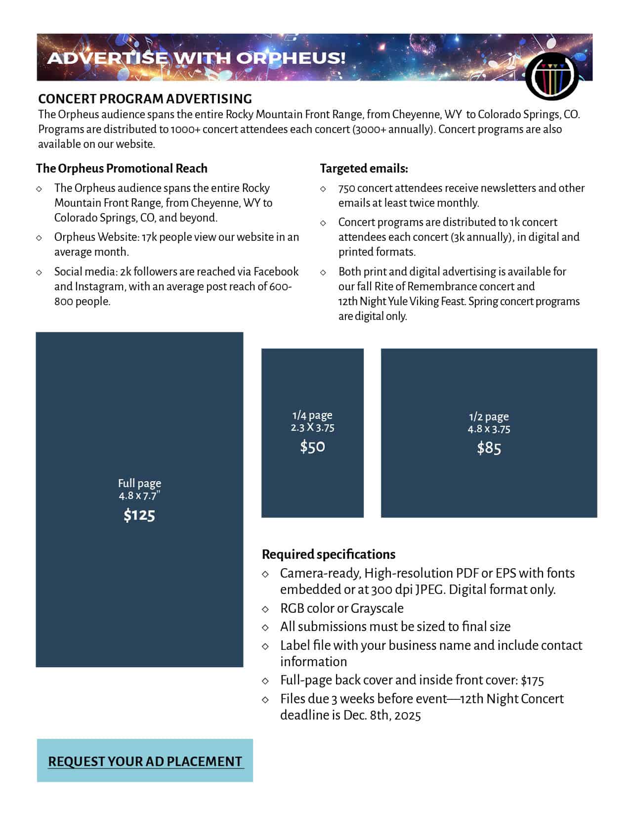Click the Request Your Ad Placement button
click(145, 761)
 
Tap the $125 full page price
click(139, 515)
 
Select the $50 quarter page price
click(312, 447)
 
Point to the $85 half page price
click(489, 448)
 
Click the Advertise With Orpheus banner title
click(196, 58)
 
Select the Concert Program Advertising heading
click(145, 98)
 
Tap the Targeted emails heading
click(364, 168)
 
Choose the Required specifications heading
click(329, 554)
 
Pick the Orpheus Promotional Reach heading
click(122, 168)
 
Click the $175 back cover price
click(532, 680)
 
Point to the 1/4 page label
click(312, 415)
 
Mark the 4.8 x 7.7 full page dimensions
click(139, 496)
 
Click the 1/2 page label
click(489, 416)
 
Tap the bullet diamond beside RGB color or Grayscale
click(265, 609)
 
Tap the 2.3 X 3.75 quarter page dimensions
click(312, 427)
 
